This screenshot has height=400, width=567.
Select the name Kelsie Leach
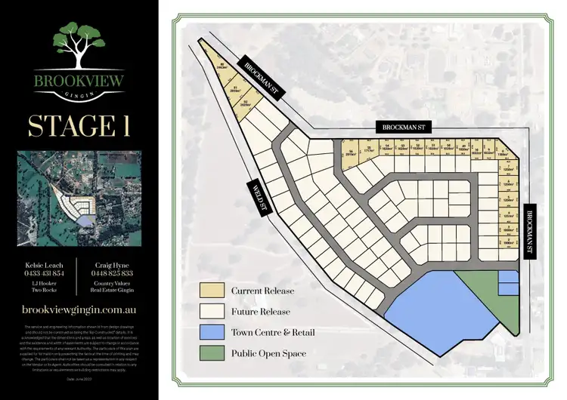[x=43, y=263]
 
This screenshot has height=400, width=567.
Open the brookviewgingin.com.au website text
[x=78, y=309]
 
